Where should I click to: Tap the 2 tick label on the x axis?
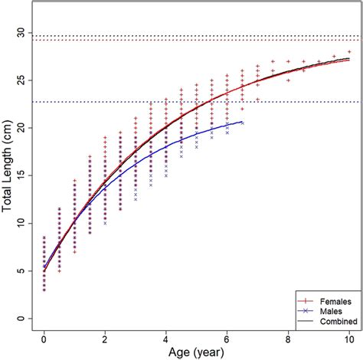(x=105, y=338)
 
